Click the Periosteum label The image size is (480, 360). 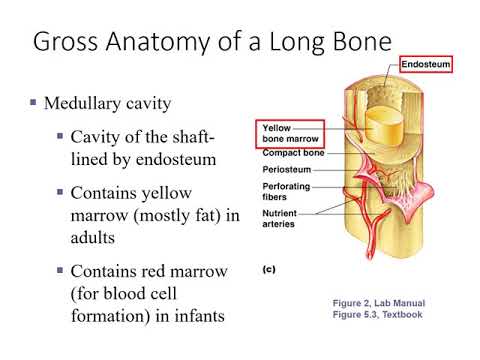287,170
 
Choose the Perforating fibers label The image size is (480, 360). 285,192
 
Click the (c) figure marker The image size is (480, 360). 269,270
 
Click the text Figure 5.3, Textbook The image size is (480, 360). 380,314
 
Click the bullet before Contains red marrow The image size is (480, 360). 59,271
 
